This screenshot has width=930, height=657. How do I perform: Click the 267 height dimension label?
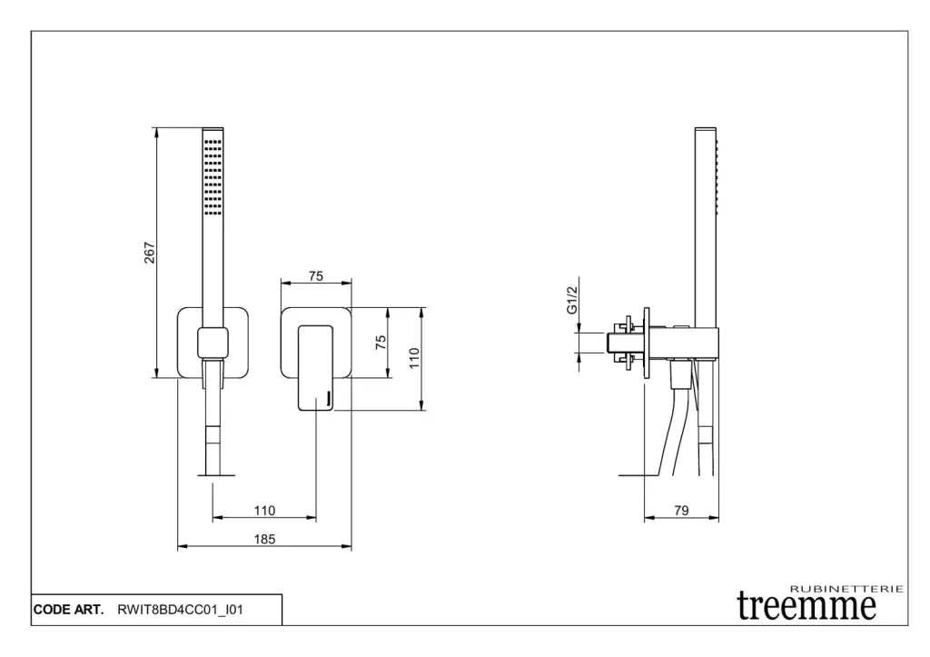[x=151, y=253]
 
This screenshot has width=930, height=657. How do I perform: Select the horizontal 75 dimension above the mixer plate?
[x=315, y=277]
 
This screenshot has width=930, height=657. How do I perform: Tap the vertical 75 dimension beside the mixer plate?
[x=381, y=342]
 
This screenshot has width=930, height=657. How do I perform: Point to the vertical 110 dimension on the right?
[x=414, y=358]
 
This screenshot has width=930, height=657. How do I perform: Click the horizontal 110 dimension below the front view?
[x=264, y=511]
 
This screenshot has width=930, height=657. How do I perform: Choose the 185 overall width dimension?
[x=264, y=539]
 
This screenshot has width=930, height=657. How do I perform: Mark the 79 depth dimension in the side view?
[x=681, y=511]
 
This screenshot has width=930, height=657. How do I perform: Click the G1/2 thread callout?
[x=572, y=300]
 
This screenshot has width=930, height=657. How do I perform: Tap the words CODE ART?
[x=68, y=610]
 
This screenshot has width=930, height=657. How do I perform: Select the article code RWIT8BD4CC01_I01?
[x=180, y=610]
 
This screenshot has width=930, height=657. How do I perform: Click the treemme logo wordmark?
[x=806, y=604]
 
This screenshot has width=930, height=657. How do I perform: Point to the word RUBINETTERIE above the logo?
[x=846, y=589]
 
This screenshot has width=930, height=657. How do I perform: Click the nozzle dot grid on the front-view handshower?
[x=213, y=176]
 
